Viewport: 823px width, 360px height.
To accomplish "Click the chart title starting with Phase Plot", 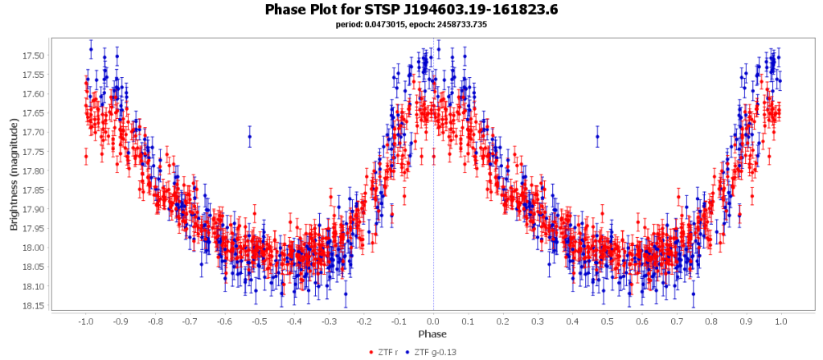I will pos(411,10).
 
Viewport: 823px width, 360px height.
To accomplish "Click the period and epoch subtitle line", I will pos(411,25).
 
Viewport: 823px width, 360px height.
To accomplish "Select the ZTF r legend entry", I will pos(387,352).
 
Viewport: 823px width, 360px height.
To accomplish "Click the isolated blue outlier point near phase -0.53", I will pos(249,137).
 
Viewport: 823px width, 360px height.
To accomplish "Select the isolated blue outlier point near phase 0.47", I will pos(597,137).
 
